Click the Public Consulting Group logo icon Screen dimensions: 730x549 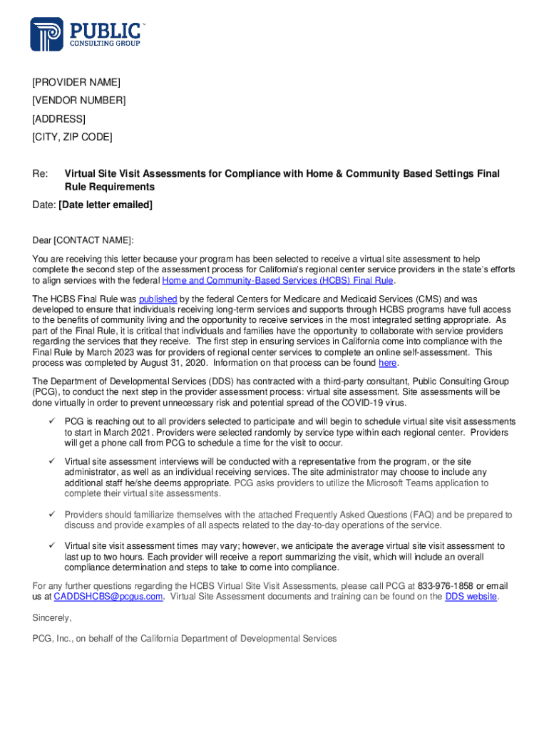[46, 34]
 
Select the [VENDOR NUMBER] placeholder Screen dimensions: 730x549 [79, 101]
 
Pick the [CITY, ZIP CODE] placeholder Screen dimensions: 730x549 [72, 137]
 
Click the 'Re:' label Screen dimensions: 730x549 [40, 174]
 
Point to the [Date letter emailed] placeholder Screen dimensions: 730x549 [106, 205]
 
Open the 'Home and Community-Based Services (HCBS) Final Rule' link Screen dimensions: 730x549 [278, 280]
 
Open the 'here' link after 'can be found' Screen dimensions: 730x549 [387, 363]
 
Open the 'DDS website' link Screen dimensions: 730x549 [471, 597]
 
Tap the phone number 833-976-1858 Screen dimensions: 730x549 [445, 586]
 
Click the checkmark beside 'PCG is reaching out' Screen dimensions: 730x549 [51, 421]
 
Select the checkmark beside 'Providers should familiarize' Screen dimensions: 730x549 [51, 514]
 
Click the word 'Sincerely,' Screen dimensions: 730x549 [52, 617]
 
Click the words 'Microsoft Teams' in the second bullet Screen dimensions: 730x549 [402, 483]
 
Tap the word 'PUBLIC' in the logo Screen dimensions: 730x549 [105, 30]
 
